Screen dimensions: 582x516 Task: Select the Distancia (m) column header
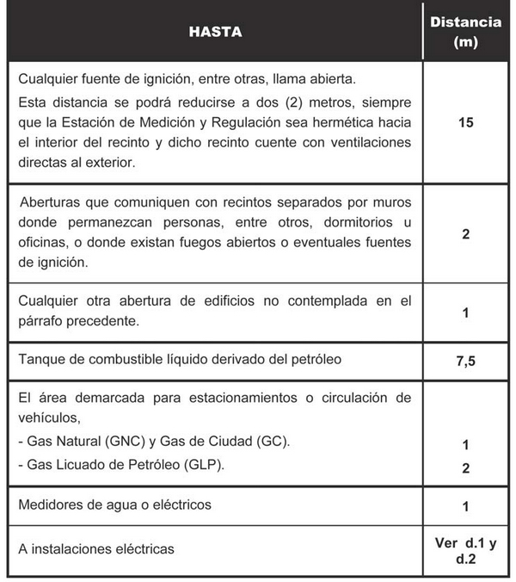(465, 32)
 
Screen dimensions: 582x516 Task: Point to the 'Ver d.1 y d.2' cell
(465, 554)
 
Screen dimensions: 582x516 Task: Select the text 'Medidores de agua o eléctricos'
(114, 504)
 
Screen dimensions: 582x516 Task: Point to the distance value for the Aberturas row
(465, 232)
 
